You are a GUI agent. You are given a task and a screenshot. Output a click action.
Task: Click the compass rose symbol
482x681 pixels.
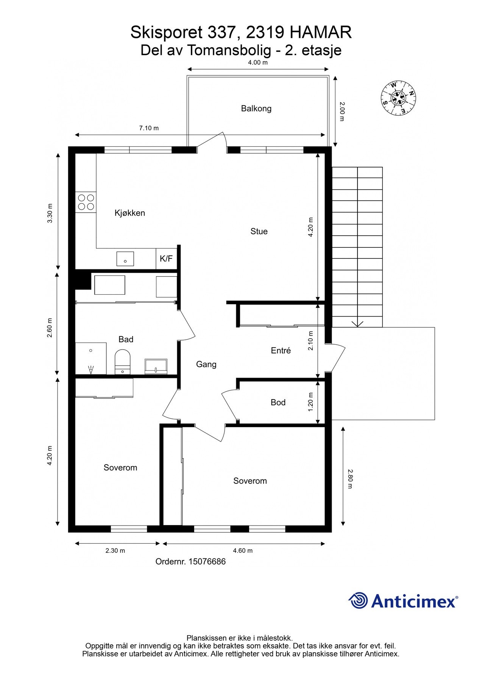coord(398,98)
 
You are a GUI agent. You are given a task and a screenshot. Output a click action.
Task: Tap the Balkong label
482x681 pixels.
coord(256,109)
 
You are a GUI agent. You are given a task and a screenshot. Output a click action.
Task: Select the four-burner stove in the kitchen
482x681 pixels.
coord(86,202)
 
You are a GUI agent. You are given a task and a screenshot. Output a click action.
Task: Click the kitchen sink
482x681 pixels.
coord(125,259)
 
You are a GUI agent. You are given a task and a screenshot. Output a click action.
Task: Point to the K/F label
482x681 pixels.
coord(166,259)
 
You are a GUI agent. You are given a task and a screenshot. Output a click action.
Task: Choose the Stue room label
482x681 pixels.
coord(259,231)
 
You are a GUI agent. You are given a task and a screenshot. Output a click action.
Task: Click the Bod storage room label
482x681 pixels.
coord(278,403)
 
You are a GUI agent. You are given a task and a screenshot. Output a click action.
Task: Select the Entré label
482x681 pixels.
coord(281,351)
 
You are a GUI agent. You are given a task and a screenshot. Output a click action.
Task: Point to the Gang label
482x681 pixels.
coord(206,364)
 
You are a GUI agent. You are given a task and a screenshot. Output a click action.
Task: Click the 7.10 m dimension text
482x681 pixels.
coord(149,128)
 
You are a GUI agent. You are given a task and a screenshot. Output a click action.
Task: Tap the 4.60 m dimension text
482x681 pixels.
coord(243,550)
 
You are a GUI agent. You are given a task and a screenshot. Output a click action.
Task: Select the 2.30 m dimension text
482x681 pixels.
coord(115,550)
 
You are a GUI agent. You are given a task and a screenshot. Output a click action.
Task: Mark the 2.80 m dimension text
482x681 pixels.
coord(350,479)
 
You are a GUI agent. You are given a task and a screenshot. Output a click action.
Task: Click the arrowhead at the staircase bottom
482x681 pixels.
coord(358,324)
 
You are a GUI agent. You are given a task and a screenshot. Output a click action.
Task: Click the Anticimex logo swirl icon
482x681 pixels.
coord(358,600)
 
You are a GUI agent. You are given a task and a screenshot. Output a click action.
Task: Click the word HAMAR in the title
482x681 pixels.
coord(321,33)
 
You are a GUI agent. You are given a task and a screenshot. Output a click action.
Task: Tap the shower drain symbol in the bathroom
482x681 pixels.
coord(91,370)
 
